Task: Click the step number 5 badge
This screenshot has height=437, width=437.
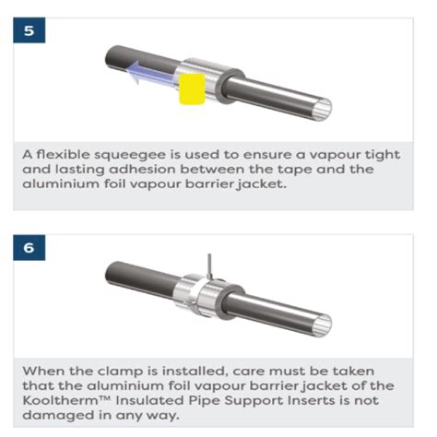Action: (30, 30)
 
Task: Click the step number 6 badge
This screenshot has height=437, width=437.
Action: (30, 247)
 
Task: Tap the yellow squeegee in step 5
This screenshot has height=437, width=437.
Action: (192, 89)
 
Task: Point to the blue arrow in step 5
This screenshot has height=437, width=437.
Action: (149, 73)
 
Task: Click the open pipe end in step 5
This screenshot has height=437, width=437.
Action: (323, 109)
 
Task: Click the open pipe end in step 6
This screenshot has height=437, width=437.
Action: (323, 325)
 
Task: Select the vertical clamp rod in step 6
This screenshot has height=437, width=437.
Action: (209, 266)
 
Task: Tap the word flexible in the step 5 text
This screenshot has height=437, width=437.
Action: (64, 154)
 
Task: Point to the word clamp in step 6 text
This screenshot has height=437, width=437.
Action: (120, 372)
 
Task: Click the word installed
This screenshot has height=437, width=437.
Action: (195, 372)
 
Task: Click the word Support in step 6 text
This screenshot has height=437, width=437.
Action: (254, 401)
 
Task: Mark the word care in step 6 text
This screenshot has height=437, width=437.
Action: (247, 372)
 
